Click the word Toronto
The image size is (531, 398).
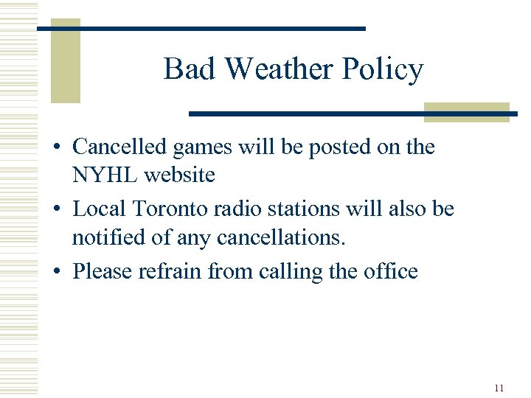167,209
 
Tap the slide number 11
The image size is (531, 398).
499,388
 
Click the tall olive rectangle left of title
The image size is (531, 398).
65,60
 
